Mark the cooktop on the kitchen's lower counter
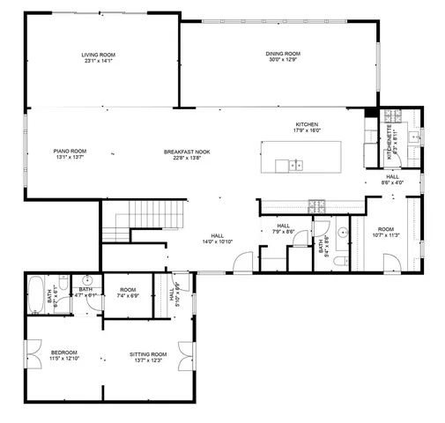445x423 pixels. click(318, 205)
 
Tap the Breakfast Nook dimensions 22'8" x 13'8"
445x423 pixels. click(187, 158)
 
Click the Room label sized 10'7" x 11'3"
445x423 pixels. click(385, 232)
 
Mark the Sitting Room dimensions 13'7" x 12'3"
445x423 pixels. click(147, 360)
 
